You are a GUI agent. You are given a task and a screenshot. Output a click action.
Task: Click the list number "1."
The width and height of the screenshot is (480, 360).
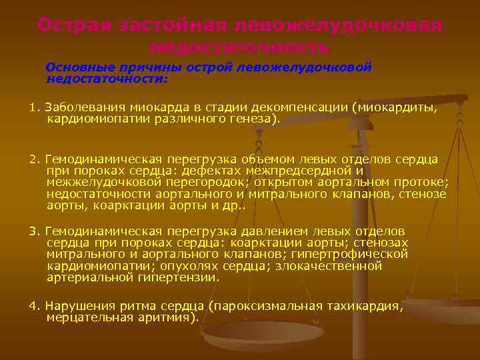pyautogui.click(x=35, y=107)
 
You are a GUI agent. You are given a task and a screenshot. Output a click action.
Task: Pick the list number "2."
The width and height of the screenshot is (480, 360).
pyautogui.click(x=35, y=159)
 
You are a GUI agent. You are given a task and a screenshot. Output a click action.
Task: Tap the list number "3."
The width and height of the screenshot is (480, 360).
pyautogui.click(x=35, y=231)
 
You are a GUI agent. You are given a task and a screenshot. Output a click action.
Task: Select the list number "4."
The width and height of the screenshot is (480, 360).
pyautogui.click(x=35, y=306)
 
